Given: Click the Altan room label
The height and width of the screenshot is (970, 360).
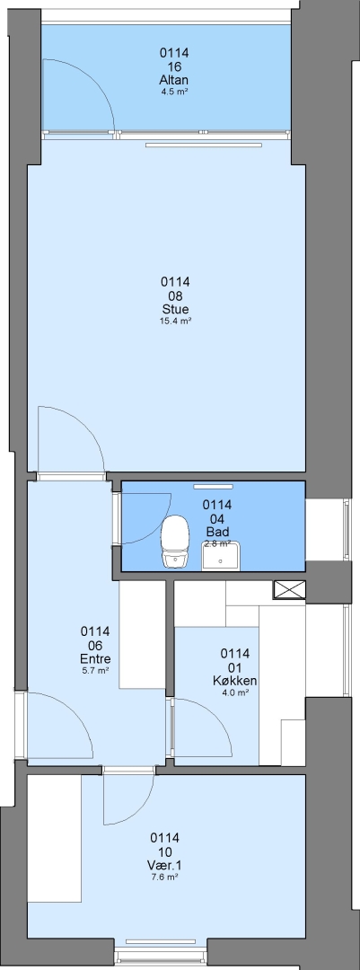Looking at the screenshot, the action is (174, 81).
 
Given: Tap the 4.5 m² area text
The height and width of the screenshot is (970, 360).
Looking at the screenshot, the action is (174, 92).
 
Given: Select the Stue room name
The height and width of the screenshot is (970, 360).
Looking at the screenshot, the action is (175, 309).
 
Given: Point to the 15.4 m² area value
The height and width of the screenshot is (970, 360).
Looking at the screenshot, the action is (175, 321).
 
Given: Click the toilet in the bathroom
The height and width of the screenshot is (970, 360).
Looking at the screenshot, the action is (175, 541).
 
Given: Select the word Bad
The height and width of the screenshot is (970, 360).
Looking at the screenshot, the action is (218, 532).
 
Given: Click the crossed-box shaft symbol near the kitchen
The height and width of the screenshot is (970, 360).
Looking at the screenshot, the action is (289, 589).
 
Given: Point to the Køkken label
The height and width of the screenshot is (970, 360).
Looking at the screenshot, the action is (235, 681).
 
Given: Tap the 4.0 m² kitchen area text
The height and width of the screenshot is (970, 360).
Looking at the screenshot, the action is (235, 692).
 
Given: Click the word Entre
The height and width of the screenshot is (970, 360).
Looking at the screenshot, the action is (95, 657).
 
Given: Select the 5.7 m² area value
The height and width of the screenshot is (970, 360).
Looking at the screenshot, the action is (95, 669).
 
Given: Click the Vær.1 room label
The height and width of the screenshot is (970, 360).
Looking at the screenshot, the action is (164, 866).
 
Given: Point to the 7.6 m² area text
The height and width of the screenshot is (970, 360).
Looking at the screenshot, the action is (164, 877).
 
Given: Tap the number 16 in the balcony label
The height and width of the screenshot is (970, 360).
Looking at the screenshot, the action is (174, 66).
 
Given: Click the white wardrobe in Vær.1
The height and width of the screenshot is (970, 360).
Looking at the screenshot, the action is (55, 836).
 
